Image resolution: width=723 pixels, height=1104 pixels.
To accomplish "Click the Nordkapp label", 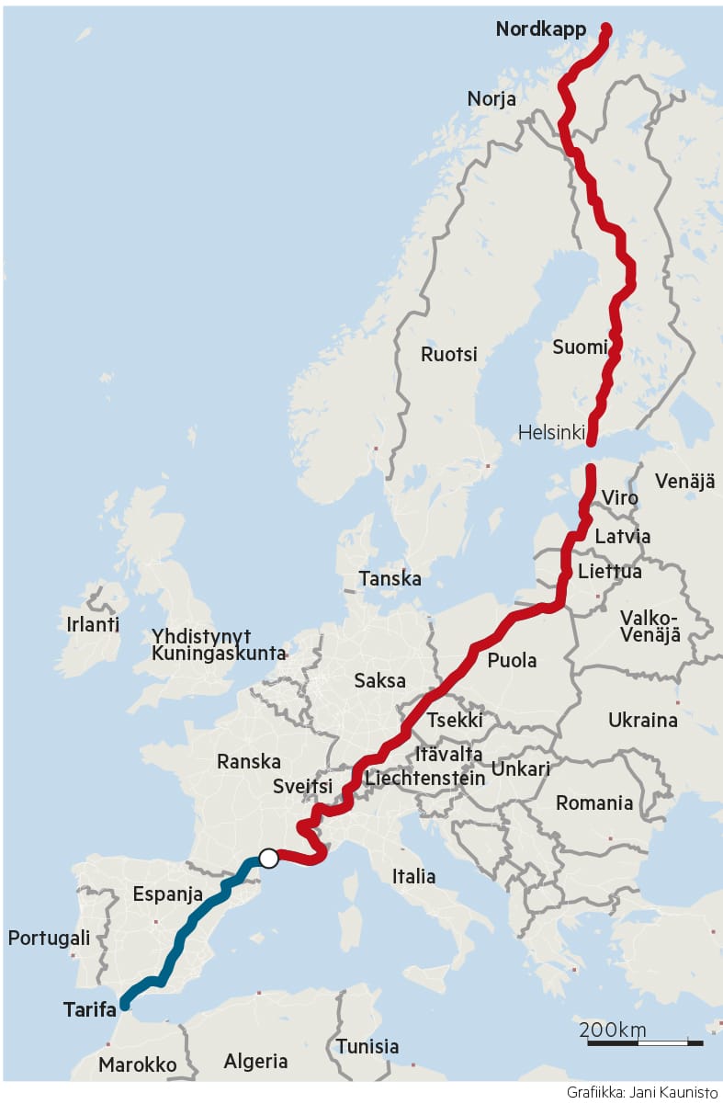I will pyautogui.click(x=540, y=29).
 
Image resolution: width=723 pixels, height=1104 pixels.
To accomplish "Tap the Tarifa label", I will pyautogui.click(x=90, y=1009).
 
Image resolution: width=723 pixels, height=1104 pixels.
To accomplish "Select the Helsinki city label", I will pyautogui.click(x=551, y=432).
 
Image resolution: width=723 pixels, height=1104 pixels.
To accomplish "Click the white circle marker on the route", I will pyautogui.click(x=268, y=858).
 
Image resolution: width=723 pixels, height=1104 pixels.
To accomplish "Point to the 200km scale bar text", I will pyautogui.click(x=613, y=1029).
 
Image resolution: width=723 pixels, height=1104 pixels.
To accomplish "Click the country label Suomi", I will pyautogui.click(x=580, y=347).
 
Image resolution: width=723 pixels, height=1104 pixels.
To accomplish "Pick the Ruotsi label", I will pyautogui.click(x=449, y=354).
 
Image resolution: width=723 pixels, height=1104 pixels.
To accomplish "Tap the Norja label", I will pyautogui.click(x=491, y=99).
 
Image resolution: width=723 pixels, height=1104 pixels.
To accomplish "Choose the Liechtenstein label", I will pyautogui.click(x=424, y=779).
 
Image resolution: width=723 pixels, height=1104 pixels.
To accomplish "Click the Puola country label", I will pyautogui.click(x=512, y=660).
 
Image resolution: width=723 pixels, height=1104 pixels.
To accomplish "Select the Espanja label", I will pyautogui.click(x=167, y=893).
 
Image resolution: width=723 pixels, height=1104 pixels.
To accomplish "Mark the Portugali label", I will pyautogui.click(x=49, y=939).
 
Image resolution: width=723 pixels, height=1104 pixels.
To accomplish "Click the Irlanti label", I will pyautogui.click(x=93, y=624).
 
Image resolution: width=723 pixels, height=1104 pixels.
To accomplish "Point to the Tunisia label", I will pyautogui.click(x=367, y=1046).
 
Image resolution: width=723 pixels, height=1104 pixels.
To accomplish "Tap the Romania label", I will pyautogui.click(x=594, y=803).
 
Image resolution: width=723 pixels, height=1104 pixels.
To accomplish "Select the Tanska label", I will pyautogui.click(x=390, y=579).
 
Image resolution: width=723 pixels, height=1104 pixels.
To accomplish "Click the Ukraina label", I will pyautogui.click(x=643, y=720).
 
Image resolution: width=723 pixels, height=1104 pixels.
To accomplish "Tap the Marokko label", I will pyautogui.click(x=137, y=1064).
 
